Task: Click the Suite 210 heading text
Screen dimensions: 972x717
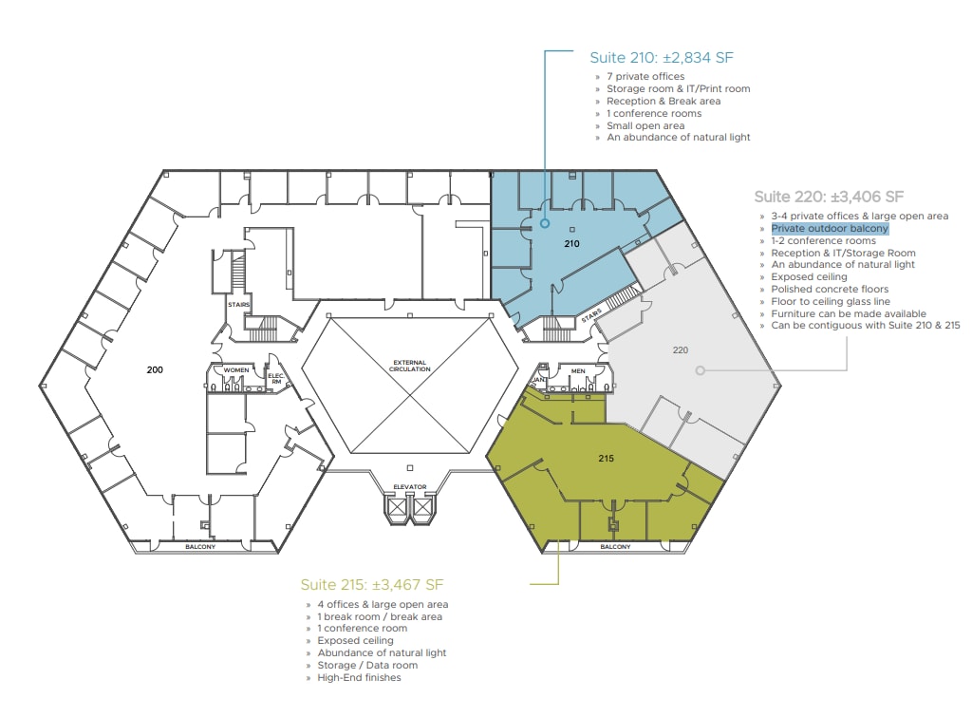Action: (x=662, y=58)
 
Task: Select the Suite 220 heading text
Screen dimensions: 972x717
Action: (x=829, y=197)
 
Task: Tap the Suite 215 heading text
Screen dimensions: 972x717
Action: (x=372, y=584)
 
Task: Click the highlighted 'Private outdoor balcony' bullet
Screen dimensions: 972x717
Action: (x=830, y=228)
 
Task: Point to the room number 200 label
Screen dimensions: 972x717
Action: (x=155, y=369)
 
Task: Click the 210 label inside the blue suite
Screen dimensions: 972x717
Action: (x=571, y=244)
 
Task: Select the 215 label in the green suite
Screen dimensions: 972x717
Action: (x=606, y=459)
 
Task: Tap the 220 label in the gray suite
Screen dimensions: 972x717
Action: (x=680, y=349)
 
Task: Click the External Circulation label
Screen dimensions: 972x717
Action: (x=409, y=366)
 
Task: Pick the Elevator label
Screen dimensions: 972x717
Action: (x=410, y=487)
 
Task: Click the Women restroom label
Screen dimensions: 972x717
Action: (x=236, y=370)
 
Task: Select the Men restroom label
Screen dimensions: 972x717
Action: (x=578, y=371)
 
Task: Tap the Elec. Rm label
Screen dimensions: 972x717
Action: (x=276, y=378)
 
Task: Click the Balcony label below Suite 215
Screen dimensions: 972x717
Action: (x=615, y=546)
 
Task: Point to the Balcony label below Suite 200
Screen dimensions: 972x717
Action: (x=200, y=546)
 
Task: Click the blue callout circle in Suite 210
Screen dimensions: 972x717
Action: (x=544, y=223)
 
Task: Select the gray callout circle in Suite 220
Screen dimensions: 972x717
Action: (x=700, y=370)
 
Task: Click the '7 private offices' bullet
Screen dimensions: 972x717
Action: (x=645, y=76)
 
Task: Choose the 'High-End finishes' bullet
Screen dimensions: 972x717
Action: (x=359, y=677)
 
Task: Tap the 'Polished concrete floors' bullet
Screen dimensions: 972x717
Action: (x=830, y=289)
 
